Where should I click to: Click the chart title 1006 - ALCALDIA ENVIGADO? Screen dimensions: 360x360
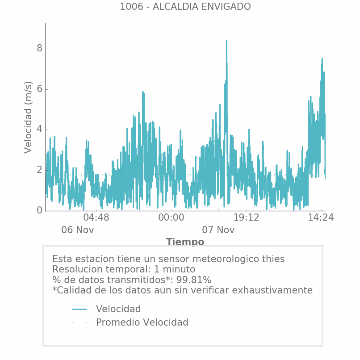185,7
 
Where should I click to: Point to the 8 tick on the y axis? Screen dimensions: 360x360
39,48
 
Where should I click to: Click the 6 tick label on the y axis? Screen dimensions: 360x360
39,89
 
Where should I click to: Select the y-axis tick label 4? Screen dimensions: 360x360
39,129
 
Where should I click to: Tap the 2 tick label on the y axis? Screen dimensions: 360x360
39,170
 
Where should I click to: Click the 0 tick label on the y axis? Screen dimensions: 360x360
39,210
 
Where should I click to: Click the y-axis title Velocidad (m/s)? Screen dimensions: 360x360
29,117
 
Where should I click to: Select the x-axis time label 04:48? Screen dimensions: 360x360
96,218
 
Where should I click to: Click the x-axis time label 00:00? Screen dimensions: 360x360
171,218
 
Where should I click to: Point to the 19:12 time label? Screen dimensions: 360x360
246,218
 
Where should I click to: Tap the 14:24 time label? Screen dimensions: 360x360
321,218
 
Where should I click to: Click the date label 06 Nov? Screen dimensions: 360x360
78,230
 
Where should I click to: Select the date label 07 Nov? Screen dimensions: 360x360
218,230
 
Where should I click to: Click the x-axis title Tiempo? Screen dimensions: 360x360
185,242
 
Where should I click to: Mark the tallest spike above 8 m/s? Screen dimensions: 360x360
226,42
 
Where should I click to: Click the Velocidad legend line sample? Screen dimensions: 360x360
80,309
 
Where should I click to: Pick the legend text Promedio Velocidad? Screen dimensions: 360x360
142,322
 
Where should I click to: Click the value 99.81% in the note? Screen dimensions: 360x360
193,280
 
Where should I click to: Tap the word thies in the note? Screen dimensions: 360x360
272,259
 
